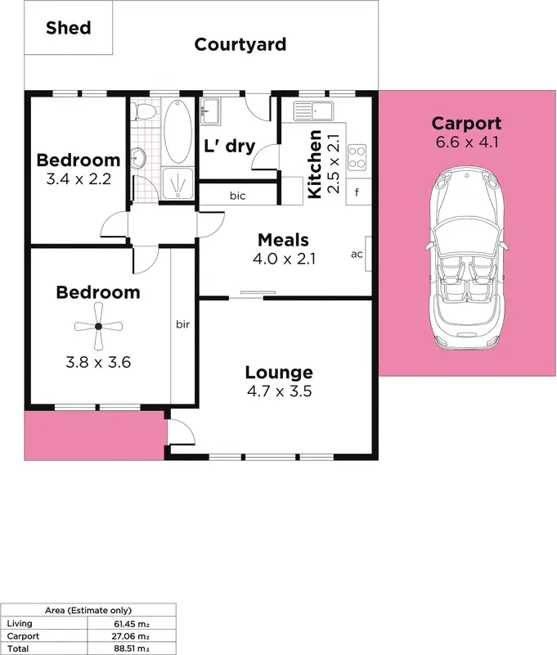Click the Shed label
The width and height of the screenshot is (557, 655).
point(68,28)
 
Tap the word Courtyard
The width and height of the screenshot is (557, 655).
point(240,44)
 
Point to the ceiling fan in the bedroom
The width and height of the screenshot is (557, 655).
point(97,326)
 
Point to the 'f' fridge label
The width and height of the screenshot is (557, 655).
point(358,194)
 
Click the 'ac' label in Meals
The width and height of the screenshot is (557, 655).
point(357,254)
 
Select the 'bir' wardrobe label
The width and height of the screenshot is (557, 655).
point(182,325)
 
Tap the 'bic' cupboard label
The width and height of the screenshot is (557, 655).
point(238,196)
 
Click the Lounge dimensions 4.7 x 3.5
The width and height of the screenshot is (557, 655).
point(279,391)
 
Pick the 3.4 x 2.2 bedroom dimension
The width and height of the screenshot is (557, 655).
point(79,177)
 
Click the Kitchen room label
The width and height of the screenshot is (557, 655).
point(314,164)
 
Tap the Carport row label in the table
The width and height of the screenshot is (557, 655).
point(23,636)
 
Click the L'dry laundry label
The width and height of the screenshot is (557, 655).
point(229,147)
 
